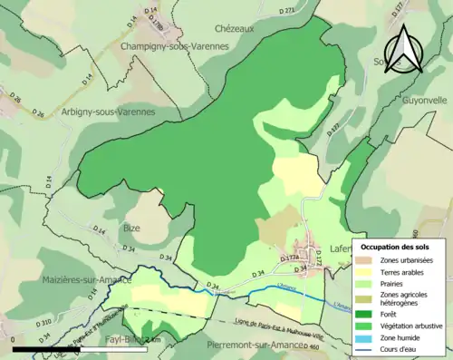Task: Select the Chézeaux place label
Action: tap(235, 28)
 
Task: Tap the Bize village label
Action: tap(131, 228)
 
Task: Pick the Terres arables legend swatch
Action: tap(368, 272)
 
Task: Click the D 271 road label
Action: tap(289, 11)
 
